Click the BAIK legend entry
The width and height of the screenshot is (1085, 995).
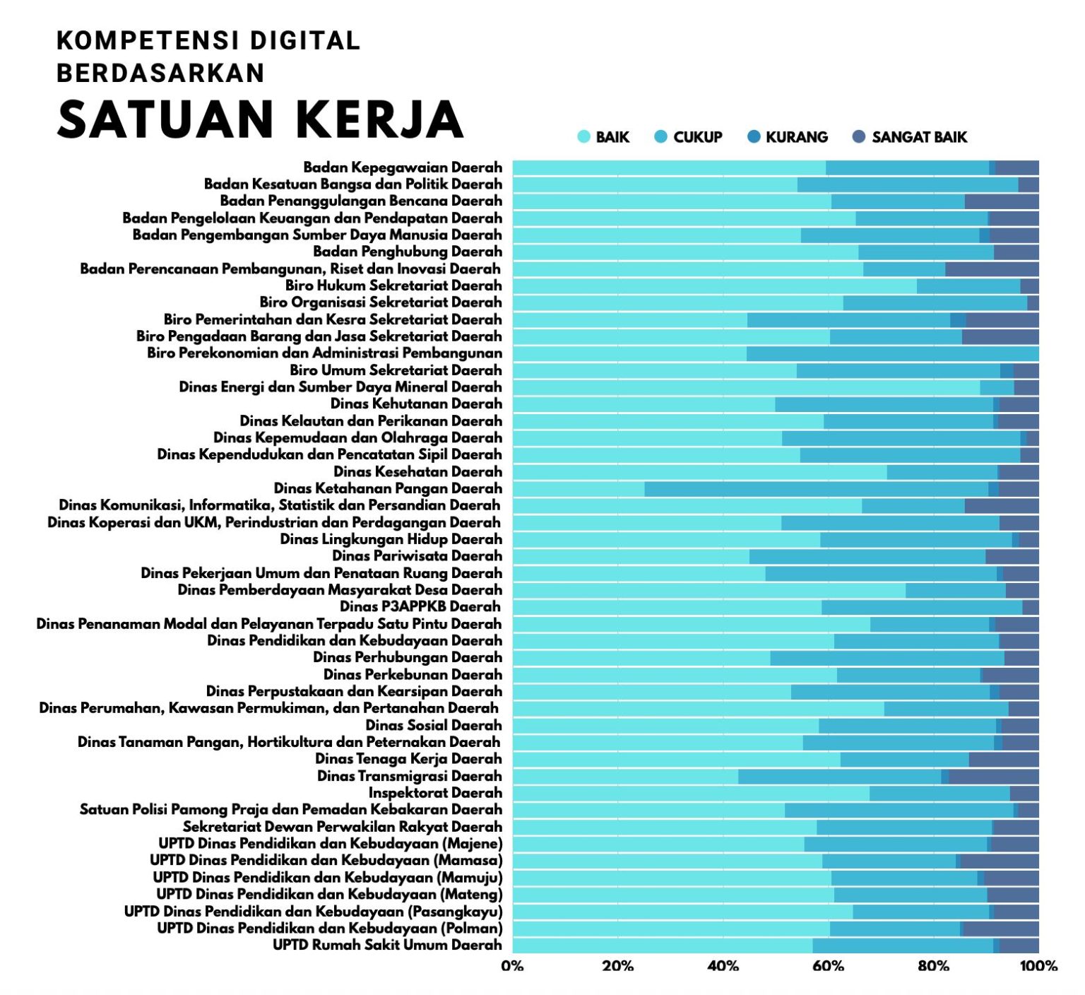pyautogui.click(x=604, y=137)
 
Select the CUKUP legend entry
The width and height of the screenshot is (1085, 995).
pyautogui.click(x=689, y=137)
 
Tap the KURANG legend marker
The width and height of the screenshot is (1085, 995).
pyautogui.click(x=754, y=136)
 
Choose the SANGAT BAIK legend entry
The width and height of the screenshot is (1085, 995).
pyautogui.click(x=910, y=137)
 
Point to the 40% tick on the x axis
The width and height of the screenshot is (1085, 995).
pyautogui.click(x=723, y=966)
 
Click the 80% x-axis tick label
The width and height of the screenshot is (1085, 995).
pyautogui.click(x=933, y=966)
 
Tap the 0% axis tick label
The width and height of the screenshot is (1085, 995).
pyautogui.click(x=512, y=966)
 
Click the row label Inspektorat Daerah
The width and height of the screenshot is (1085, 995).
pyautogui.click(x=435, y=793)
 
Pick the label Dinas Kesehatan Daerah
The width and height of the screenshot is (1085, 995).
pyautogui.click(x=417, y=471)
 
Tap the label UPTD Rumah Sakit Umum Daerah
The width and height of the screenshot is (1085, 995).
pyautogui.click(x=387, y=945)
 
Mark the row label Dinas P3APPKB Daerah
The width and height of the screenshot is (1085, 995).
pyautogui.click(x=420, y=606)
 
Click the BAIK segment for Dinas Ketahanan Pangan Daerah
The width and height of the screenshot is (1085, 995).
pyautogui.click(x=578, y=488)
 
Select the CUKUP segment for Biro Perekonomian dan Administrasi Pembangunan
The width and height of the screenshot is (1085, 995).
pyautogui.click(x=892, y=353)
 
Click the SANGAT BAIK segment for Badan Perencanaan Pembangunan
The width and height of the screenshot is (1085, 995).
pyautogui.click(x=992, y=269)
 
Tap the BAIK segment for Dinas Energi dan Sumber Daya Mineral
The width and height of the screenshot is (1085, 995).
pyautogui.click(x=746, y=387)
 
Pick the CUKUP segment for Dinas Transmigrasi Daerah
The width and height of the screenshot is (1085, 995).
pyautogui.click(x=839, y=776)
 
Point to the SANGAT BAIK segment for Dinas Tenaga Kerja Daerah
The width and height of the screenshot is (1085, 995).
pyautogui.click(x=1004, y=759)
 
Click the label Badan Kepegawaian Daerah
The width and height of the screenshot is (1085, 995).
pyautogui.click(x=403, y=167)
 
